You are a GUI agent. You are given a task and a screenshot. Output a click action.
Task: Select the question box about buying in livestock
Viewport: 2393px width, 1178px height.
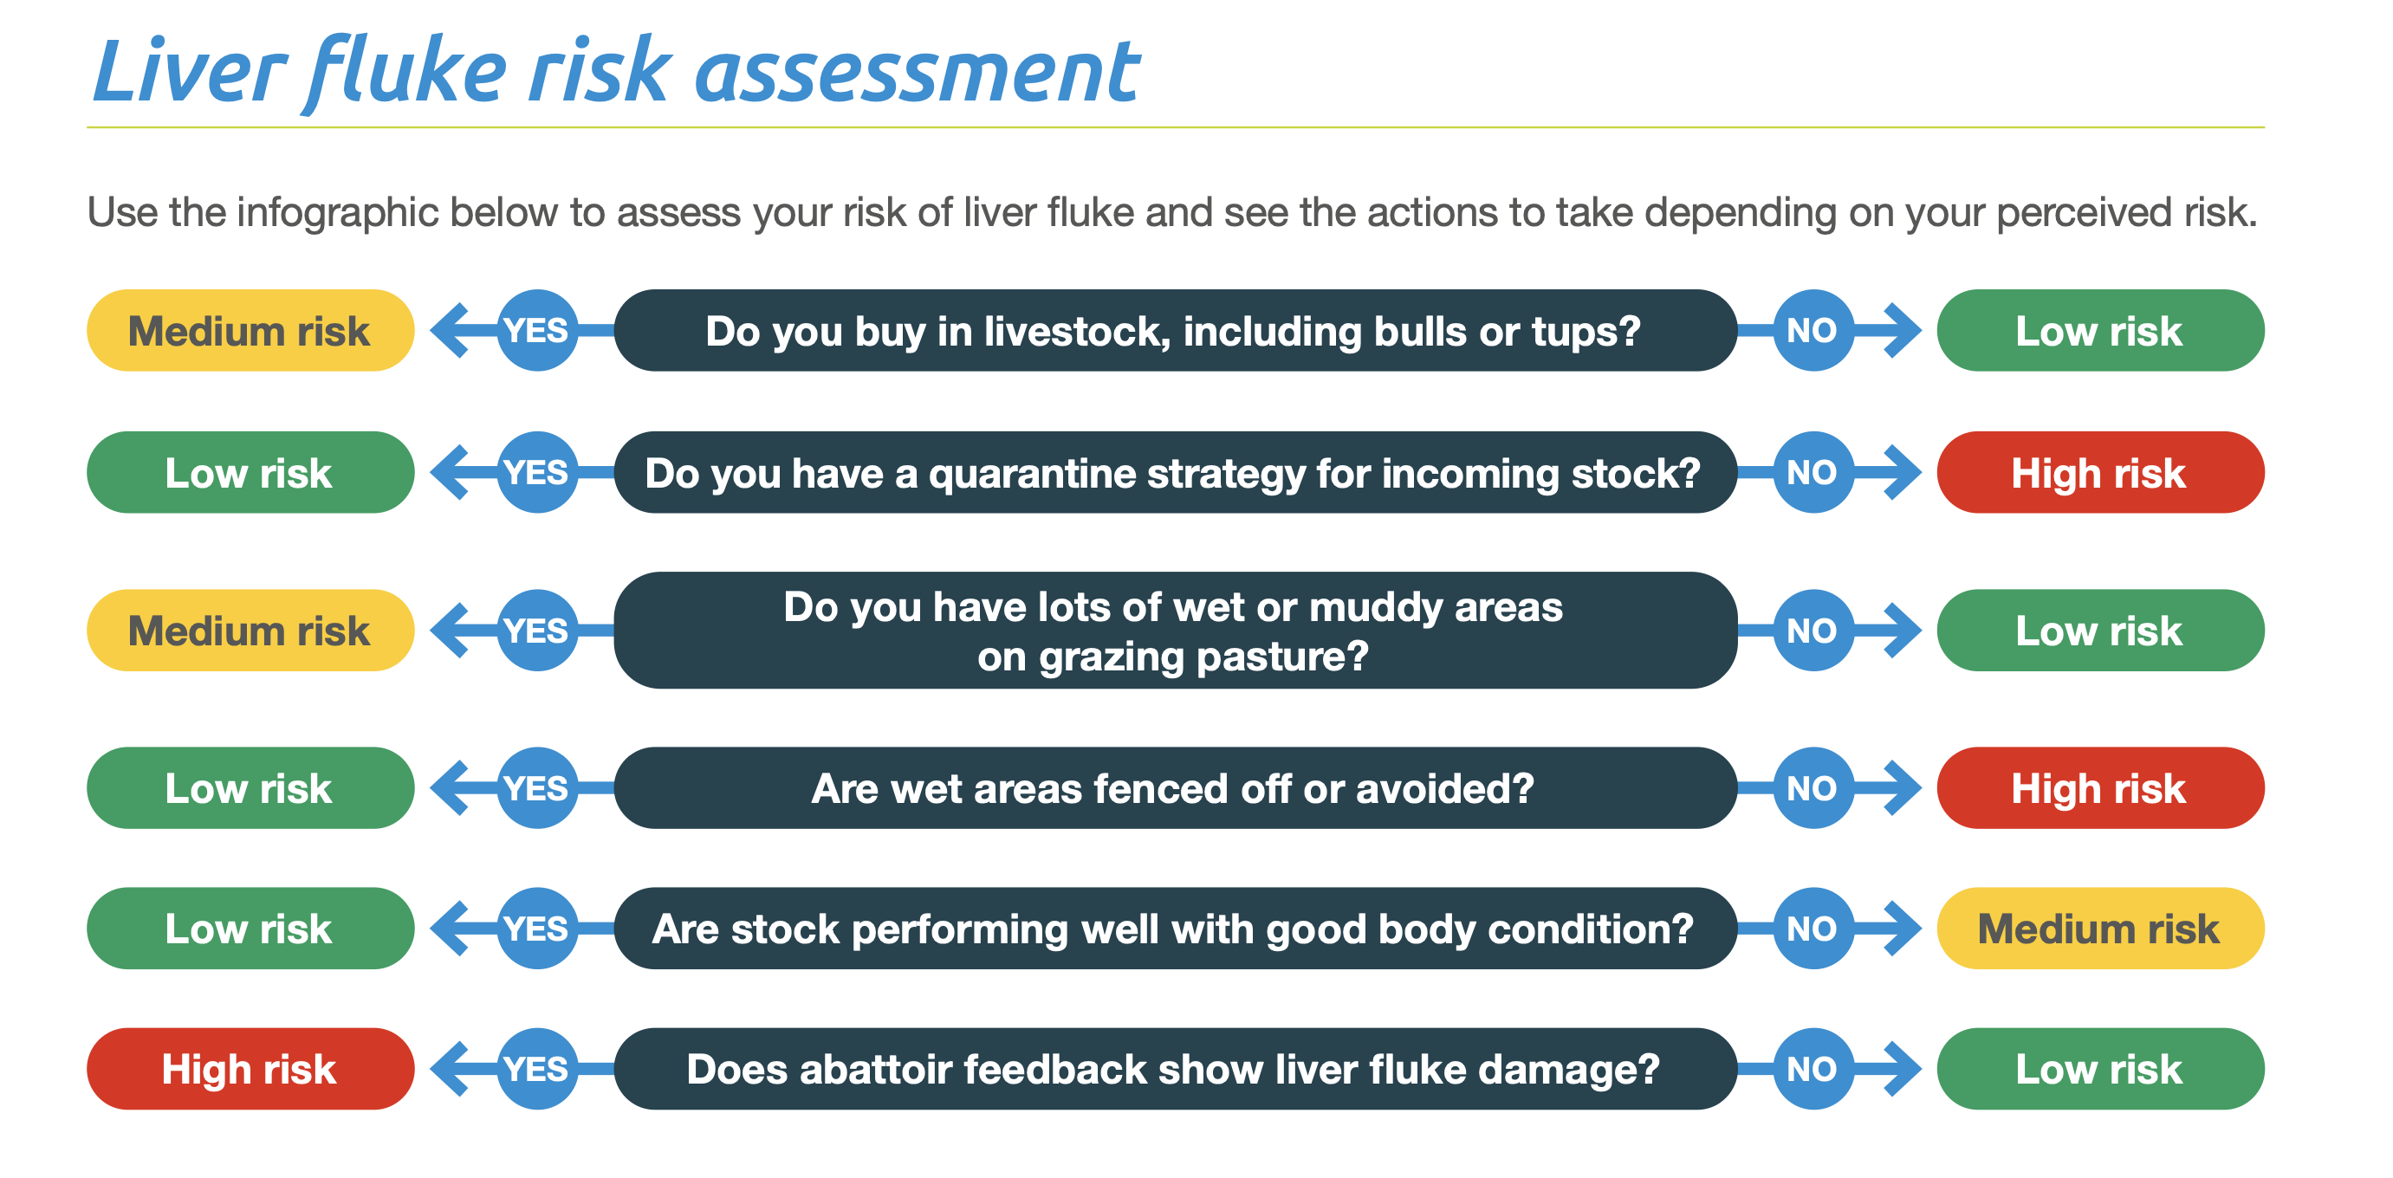[1174, 331]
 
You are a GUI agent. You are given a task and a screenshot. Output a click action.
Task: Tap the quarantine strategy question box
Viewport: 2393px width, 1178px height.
[1174, 473]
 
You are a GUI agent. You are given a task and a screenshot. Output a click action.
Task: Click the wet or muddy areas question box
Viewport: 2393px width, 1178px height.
[1174, 631]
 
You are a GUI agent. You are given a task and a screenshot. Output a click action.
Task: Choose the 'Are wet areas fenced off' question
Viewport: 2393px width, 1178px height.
[1174, 788]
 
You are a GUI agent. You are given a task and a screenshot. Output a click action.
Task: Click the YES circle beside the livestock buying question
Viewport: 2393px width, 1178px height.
[537, 331]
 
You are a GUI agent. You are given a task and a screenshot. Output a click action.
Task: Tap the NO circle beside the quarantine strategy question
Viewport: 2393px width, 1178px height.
[1812, 473]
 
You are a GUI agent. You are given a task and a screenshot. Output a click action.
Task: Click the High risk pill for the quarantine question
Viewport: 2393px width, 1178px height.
[2099, 473]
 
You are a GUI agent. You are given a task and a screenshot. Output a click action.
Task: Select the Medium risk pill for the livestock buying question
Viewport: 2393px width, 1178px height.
[250, 331]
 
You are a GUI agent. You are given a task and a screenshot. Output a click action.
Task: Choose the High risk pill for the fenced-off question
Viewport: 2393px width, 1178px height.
[2099, 788]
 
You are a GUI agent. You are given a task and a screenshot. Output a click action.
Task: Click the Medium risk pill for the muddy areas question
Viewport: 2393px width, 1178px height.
[250, 631]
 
